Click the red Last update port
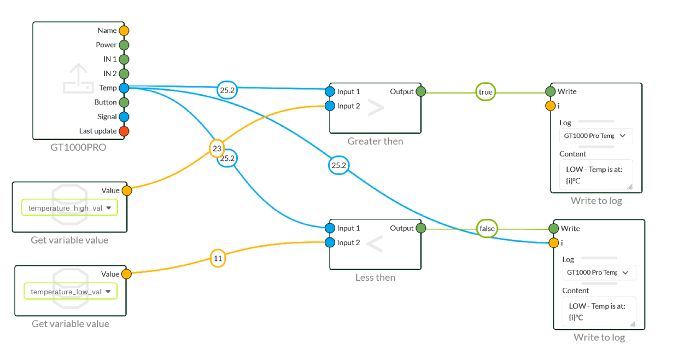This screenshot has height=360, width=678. pyautogui.click(x=124, y=131)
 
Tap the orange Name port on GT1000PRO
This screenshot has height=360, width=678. pyautogui.click(x=124, y=31)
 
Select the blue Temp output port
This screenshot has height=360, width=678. pyautogui.click(x=124, y=88)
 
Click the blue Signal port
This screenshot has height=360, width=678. pyautogui.click(x=124, y=117)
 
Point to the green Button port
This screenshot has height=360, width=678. pyautogui.click(x=124, y=102)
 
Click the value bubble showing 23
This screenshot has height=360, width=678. pyautogui.click(x=217, y=148)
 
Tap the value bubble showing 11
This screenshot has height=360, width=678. pyautogui.click(x=218, y=258)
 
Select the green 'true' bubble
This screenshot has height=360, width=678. pyautogui.click(x=486, y=92)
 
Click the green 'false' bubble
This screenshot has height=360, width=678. pyautogui.click(x=487, y=229)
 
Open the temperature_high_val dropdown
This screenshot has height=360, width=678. pyautogui.click(x=69, y=208)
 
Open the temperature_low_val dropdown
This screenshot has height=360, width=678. pyautogui.click(x=71, y=292)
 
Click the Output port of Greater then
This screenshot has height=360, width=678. pyautogui.click(x=420, y=91)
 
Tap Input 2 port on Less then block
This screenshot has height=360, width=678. pyautogui.click(x=330, y=242)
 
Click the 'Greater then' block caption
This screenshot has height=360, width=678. pyautogui.click(x=375, y=141)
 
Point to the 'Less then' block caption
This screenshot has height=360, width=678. pyautogui.click(x=375, y=277)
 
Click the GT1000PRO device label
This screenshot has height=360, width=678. pyautogui.click(x=78, y=148)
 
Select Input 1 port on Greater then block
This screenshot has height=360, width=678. pyautogui.click(x=330, y=91)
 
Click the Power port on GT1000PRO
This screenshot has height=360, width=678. pyautogui.click(x=124, y=45)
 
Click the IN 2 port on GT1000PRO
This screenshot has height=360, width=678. pyautogui.click(x=124, y=73)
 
